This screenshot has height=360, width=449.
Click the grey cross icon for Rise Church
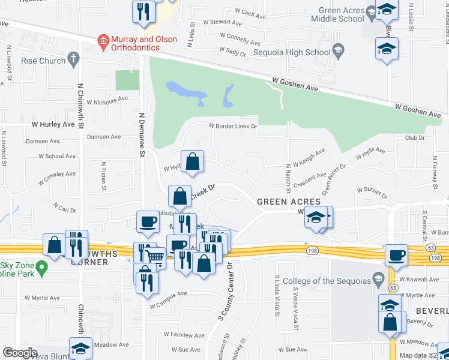click(74, 59)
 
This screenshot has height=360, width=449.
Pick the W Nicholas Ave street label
click(107, 98)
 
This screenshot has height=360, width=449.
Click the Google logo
click(20, 353)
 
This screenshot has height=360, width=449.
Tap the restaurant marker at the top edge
click(143, 12)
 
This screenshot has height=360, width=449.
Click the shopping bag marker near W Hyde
click(192, 162)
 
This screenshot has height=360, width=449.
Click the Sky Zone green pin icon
click(41, 266)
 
